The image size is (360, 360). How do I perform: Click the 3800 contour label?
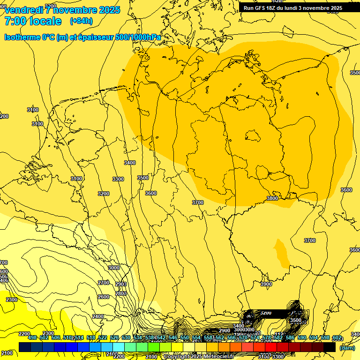(272, 198)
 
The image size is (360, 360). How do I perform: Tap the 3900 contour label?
(266, 284)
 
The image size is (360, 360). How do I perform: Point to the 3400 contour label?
(130, 163)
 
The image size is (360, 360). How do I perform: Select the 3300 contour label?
(118, 179)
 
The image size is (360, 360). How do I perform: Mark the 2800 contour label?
(121, 293)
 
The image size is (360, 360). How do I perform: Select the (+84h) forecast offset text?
(81, 21)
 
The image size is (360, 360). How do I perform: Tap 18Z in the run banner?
(274, 8)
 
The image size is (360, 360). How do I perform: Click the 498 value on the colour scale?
(32, 338)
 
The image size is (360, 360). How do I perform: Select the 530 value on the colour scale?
(126, 338)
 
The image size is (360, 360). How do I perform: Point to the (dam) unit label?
(347, 348)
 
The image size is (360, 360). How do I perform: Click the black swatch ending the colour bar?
(330, 347)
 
